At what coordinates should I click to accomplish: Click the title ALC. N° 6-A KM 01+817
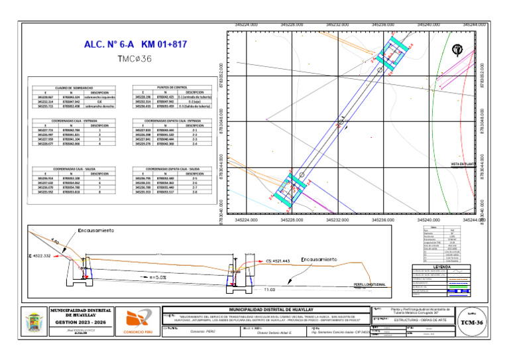136,45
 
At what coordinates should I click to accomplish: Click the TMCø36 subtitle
135,60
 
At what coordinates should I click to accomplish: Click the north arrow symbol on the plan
457,50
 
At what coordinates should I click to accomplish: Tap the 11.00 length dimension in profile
269,290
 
